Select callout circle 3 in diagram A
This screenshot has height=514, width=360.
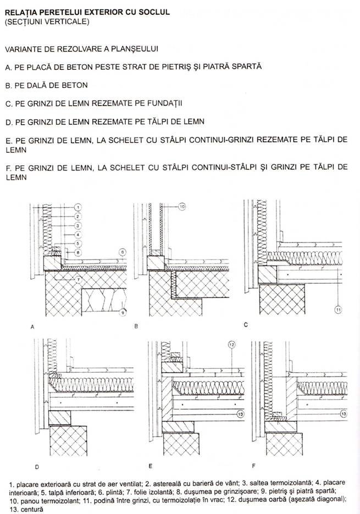pos(77,226)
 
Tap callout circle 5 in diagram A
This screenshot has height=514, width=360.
pos(77,244)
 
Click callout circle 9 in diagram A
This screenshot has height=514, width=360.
pos(123,312)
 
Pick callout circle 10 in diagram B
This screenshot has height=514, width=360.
pos(182,207)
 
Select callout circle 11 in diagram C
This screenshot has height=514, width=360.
pos(337,309)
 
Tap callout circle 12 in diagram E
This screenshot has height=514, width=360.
pos(231,345)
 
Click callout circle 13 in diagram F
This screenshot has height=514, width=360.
pos(344,414)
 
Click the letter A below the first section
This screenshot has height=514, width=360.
pos(32,327)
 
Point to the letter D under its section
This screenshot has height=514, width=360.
pos(37,467)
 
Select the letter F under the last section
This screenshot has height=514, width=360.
pos(253,466)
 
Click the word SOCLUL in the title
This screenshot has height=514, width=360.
pos(154,13)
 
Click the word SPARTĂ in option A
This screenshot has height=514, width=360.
pos(247,67)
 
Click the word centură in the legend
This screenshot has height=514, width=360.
pos(32,510)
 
